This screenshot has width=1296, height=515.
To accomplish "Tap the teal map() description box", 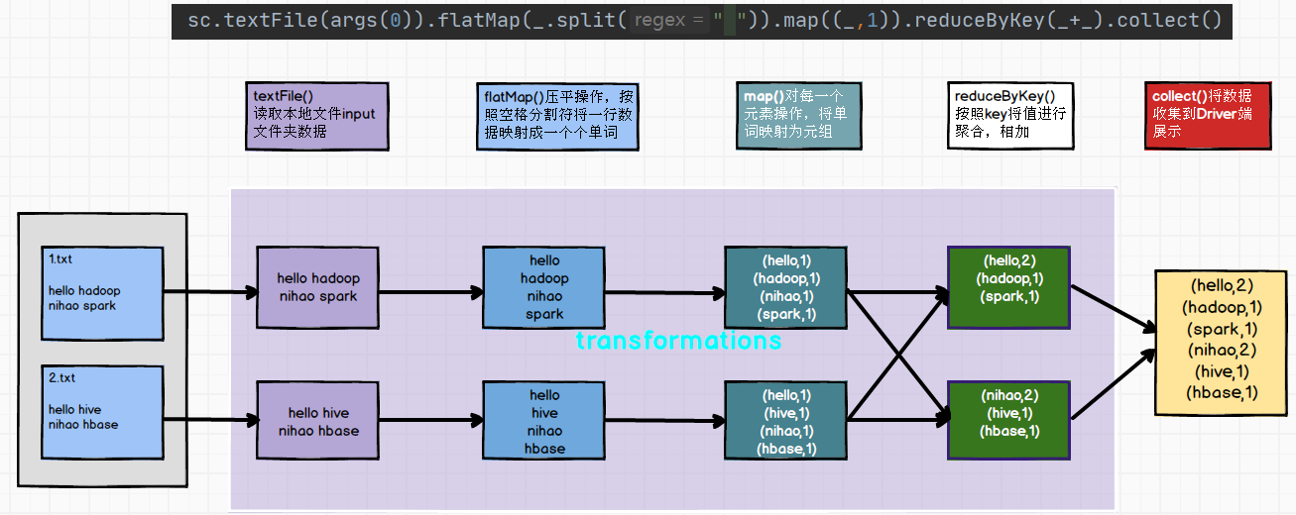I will tap(798, 116).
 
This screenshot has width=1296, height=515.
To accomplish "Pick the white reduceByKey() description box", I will tap(1009, 116).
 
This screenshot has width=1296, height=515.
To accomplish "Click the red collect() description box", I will tap(1207, 116).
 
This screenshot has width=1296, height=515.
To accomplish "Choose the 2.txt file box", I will tap(102, 412).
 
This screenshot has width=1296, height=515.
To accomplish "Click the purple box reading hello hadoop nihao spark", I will tap(317, 287).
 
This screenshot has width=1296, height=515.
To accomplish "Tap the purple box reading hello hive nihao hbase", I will tap(317, 422).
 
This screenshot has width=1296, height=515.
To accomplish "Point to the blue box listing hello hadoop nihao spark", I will tap(543, 287).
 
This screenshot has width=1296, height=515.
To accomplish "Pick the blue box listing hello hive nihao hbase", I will tap(543, 422).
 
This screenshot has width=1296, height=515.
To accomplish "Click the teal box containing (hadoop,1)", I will tap(786, 287).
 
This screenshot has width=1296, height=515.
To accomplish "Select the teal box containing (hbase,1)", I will tap(786, 422).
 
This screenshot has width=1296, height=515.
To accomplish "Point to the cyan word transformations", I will tap(678, 341).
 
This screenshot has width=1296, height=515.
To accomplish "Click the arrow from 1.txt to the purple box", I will tap(209, 292).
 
